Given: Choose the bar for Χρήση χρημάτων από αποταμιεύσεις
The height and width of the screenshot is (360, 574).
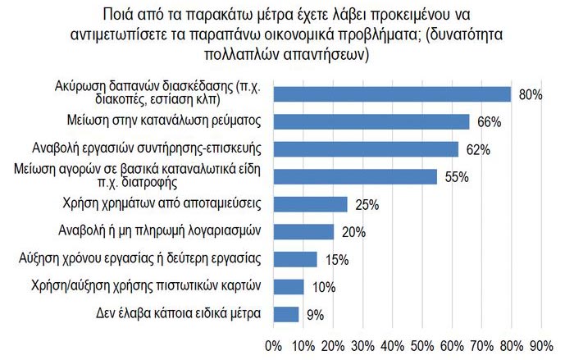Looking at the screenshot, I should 311,203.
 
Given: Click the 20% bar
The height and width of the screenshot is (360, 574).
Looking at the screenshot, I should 303,231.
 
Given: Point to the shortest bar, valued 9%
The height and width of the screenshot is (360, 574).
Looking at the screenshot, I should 287,314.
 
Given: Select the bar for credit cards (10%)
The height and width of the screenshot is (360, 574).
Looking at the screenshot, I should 289,286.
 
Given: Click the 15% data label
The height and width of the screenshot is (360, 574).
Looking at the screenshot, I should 337,259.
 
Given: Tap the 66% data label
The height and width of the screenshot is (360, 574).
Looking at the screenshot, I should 489,122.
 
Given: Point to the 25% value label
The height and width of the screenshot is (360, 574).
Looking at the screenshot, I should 367,204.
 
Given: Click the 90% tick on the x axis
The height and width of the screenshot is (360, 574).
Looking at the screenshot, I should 541,344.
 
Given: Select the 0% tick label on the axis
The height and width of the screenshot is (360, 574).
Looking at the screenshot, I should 274,344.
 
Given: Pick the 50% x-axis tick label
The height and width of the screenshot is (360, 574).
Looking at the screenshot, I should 422,344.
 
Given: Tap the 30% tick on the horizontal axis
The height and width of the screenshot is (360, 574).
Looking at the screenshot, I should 363,344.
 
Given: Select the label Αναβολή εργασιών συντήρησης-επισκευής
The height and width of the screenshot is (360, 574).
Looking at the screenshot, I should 163,148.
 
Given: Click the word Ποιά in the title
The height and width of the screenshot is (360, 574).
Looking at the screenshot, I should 121,14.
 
